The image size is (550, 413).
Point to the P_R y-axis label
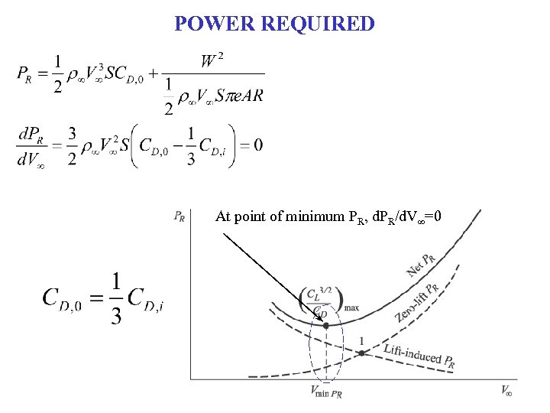pyautogui.click(x=180, y=216)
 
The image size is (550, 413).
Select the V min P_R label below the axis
pyautogui.click(x=326, y=392)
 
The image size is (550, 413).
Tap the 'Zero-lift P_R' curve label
pyautogui.click(x=416, y=302)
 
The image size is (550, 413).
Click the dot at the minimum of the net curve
pyautogui.click(x=326, y=326)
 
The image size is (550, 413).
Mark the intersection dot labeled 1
pyautogui.click(x=361, y=353)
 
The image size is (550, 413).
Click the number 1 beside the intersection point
pyautogui.click(x=361, y=340)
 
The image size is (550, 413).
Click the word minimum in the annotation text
pyautogui.click(x=301, y=216)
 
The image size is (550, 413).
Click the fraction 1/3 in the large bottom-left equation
pyautogui.click(x=115, y=298)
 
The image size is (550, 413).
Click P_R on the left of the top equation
pyautogui.click(x=24, y=74)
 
